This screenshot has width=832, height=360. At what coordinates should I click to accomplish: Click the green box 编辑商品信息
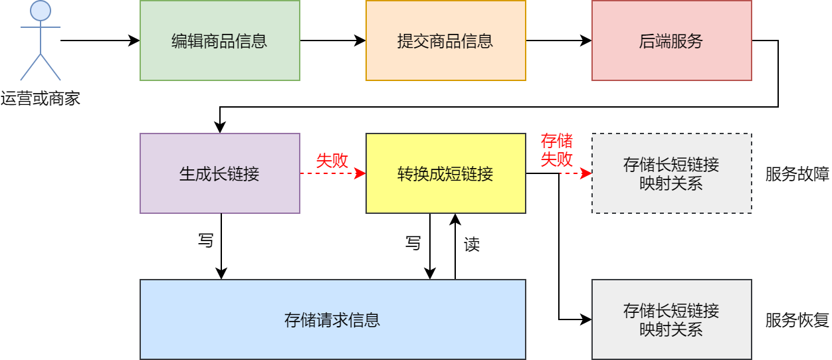219,41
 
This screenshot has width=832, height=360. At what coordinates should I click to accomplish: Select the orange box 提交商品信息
445,41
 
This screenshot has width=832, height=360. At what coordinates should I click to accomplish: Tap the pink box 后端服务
671,41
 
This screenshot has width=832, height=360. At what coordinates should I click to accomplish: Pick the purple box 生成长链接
219,173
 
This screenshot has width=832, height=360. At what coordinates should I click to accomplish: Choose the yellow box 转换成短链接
445,173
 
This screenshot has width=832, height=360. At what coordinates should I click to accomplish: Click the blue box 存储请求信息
332,319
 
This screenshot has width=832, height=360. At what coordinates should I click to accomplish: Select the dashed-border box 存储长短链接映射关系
671,173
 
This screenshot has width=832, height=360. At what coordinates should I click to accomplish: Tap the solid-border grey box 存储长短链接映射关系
671,319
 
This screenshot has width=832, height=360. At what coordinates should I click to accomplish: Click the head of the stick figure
41,11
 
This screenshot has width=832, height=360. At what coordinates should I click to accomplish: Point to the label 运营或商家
41,99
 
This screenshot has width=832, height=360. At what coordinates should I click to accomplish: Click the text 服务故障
797,174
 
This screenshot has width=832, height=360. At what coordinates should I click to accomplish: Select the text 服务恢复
797,320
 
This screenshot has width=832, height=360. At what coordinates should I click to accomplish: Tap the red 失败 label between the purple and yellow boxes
332,161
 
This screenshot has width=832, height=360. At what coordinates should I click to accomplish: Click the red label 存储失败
557,150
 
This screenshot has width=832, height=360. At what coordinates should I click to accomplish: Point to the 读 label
472,244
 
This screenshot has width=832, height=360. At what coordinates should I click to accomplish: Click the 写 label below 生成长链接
206,240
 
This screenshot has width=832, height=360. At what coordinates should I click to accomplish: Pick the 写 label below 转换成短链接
413,243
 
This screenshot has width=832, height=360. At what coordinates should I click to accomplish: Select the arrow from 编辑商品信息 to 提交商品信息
332,41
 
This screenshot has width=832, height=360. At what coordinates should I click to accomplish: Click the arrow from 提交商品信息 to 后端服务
558,41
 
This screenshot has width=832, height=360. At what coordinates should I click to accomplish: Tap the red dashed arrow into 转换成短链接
332,173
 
